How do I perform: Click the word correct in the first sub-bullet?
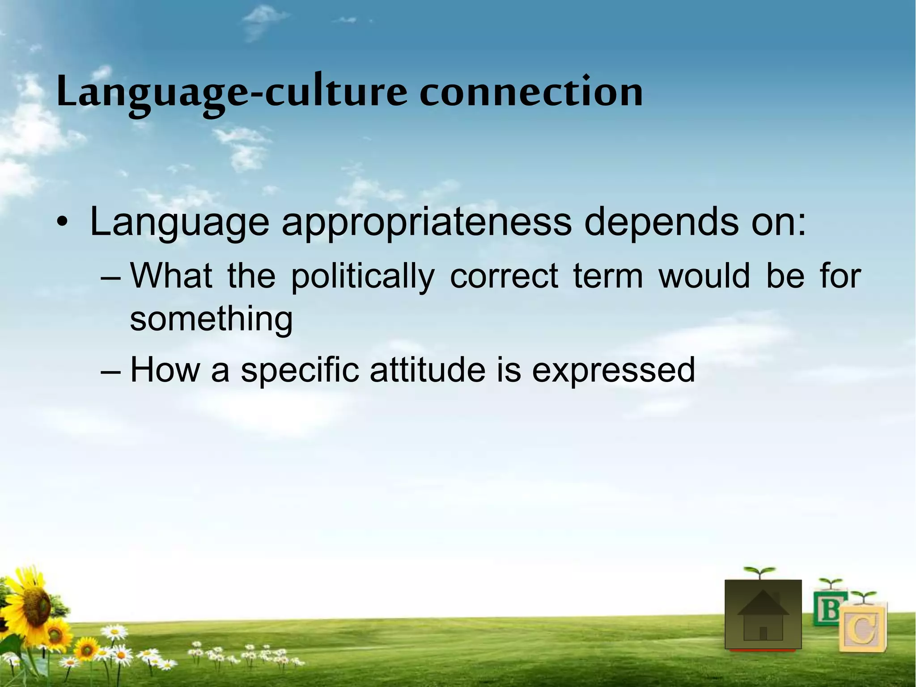[504, 276]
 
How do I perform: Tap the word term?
[608, 276]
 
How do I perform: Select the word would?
[704, 276]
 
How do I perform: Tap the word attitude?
[427, 370]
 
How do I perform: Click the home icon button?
[763, 615]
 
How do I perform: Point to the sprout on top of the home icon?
[759, 572]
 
